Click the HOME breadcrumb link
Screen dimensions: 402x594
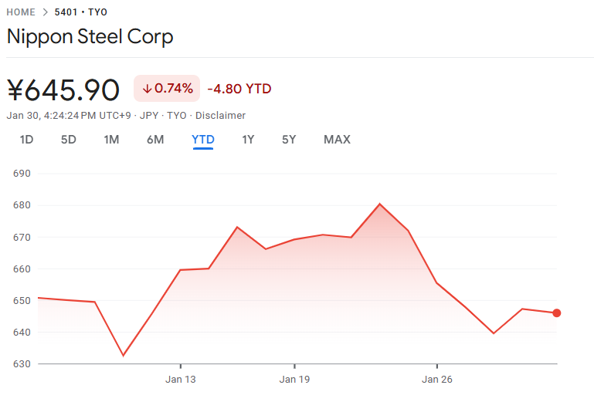pyautogui.click(x=21, y=12)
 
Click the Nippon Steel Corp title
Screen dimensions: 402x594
pyautogui.click(x=90, y=36)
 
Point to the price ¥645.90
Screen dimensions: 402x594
pyautogui.click(x=63, y=90)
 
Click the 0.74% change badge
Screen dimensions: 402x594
pyautogui.click(x=167, y=89)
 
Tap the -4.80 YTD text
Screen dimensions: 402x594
pyautogui.click(x=239, y=89)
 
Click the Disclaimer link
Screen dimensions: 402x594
pyautogui.click(x=220, y=116)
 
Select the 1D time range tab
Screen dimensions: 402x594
pyautogui.click(x=26, y=140)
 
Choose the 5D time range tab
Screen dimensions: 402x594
pyautogui.click(x=69, y=140)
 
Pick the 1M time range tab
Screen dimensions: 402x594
pyautogui.click(x=111, y=140)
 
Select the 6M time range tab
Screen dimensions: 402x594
pyautogui.click(x=155, y=140)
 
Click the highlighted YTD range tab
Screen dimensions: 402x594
pyautogui.click(x=203, y=140)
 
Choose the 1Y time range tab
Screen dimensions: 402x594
pyautogui.click(x=248, y=140)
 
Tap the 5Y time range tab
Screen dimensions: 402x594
pyautogui.click(x=289, y=140)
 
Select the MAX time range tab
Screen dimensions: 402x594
pyautogui.click(x=337, y=140)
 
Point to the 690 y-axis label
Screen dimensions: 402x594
pyautogui.click(x=22, y=174)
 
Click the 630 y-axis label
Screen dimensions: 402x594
pyautogui.click(x=22, y=364)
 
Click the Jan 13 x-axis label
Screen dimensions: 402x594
pyautogui.click(x=180, y=380)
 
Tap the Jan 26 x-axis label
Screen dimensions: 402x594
pyautogui.click(x=437, y=380)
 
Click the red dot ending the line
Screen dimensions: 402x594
pyautogui.click(x=557, y=312)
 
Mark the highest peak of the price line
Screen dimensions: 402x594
pyautogui.click(x=380, y=204)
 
